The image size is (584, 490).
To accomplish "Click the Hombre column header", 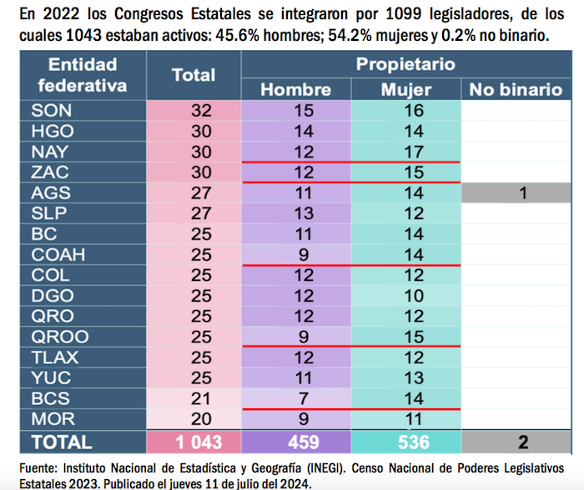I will coord(296,90).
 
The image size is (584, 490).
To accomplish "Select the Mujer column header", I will coord(405,90).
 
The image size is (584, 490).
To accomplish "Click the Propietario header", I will coord(405,63).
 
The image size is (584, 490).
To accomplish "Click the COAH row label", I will coord(58,254).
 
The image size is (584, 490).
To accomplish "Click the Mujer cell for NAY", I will coord(405,152).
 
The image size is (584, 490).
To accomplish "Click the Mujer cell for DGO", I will coord(405,295).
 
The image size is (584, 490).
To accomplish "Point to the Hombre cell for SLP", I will coord(296,213).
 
